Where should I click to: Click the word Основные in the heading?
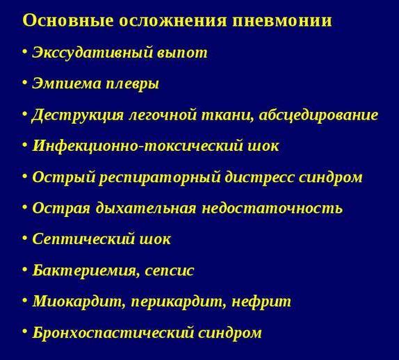(60, 20)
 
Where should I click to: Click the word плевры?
(130, 84)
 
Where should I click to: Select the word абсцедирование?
(318, 115)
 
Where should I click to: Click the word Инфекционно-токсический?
(128, 146)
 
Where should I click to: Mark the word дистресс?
(261, 177)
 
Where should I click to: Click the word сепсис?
(169, 270)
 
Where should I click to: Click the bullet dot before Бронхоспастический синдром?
(25, 332)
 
